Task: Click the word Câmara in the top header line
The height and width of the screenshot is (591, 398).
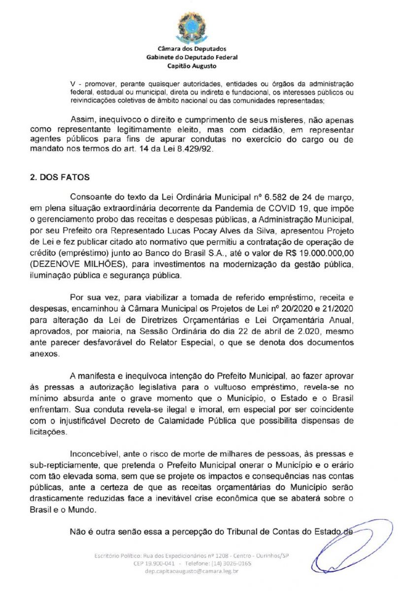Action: pyautogui.click(x=167, y=49)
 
